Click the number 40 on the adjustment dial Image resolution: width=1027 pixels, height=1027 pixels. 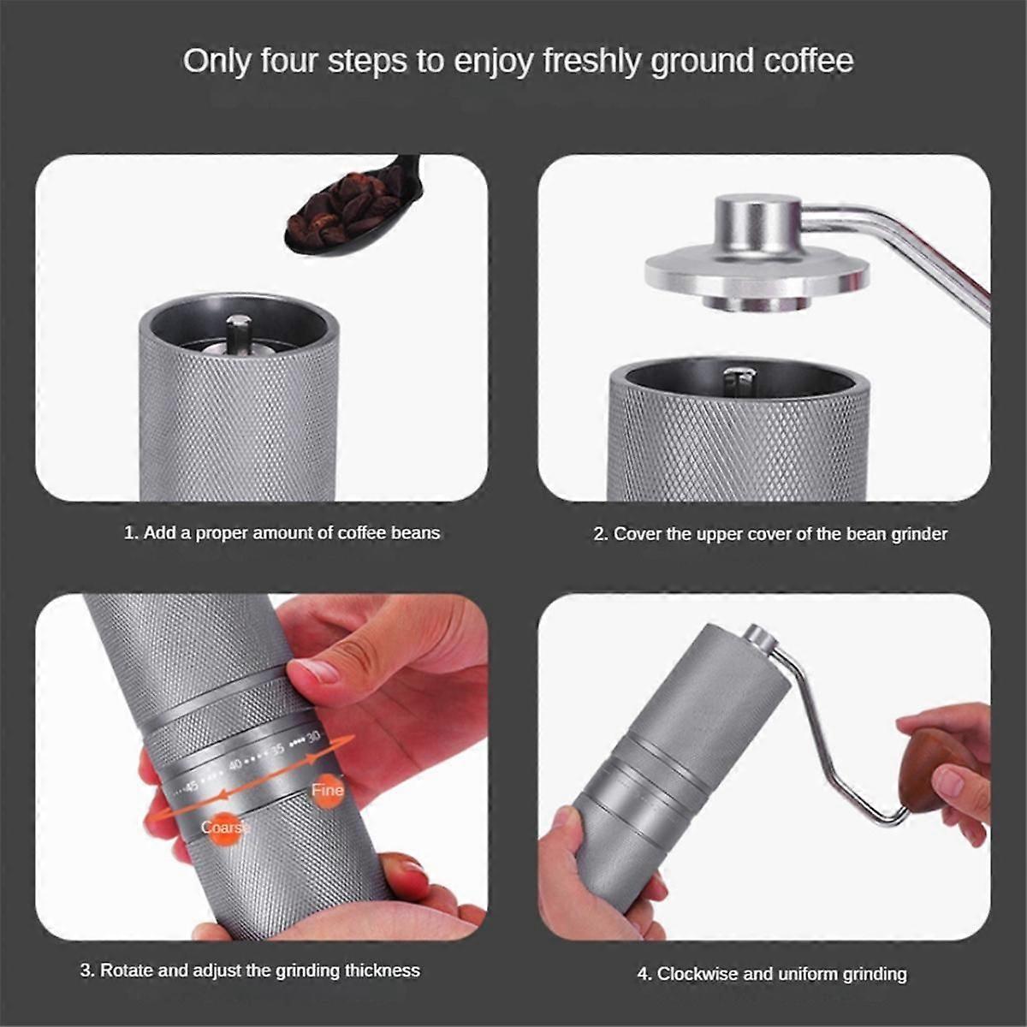[x=235, y=766]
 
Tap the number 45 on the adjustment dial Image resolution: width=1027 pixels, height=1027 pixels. [x=191, y=786]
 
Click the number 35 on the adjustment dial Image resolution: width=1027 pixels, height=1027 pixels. [x=277, y=750]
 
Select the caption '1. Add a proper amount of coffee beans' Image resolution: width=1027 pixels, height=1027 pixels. [x=282, y=533]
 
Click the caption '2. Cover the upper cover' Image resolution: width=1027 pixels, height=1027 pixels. [x=770, y=534]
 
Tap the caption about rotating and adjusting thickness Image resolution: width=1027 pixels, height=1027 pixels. [x=250, y=970]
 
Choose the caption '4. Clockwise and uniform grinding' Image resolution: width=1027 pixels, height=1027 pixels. [x=772, y=974]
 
